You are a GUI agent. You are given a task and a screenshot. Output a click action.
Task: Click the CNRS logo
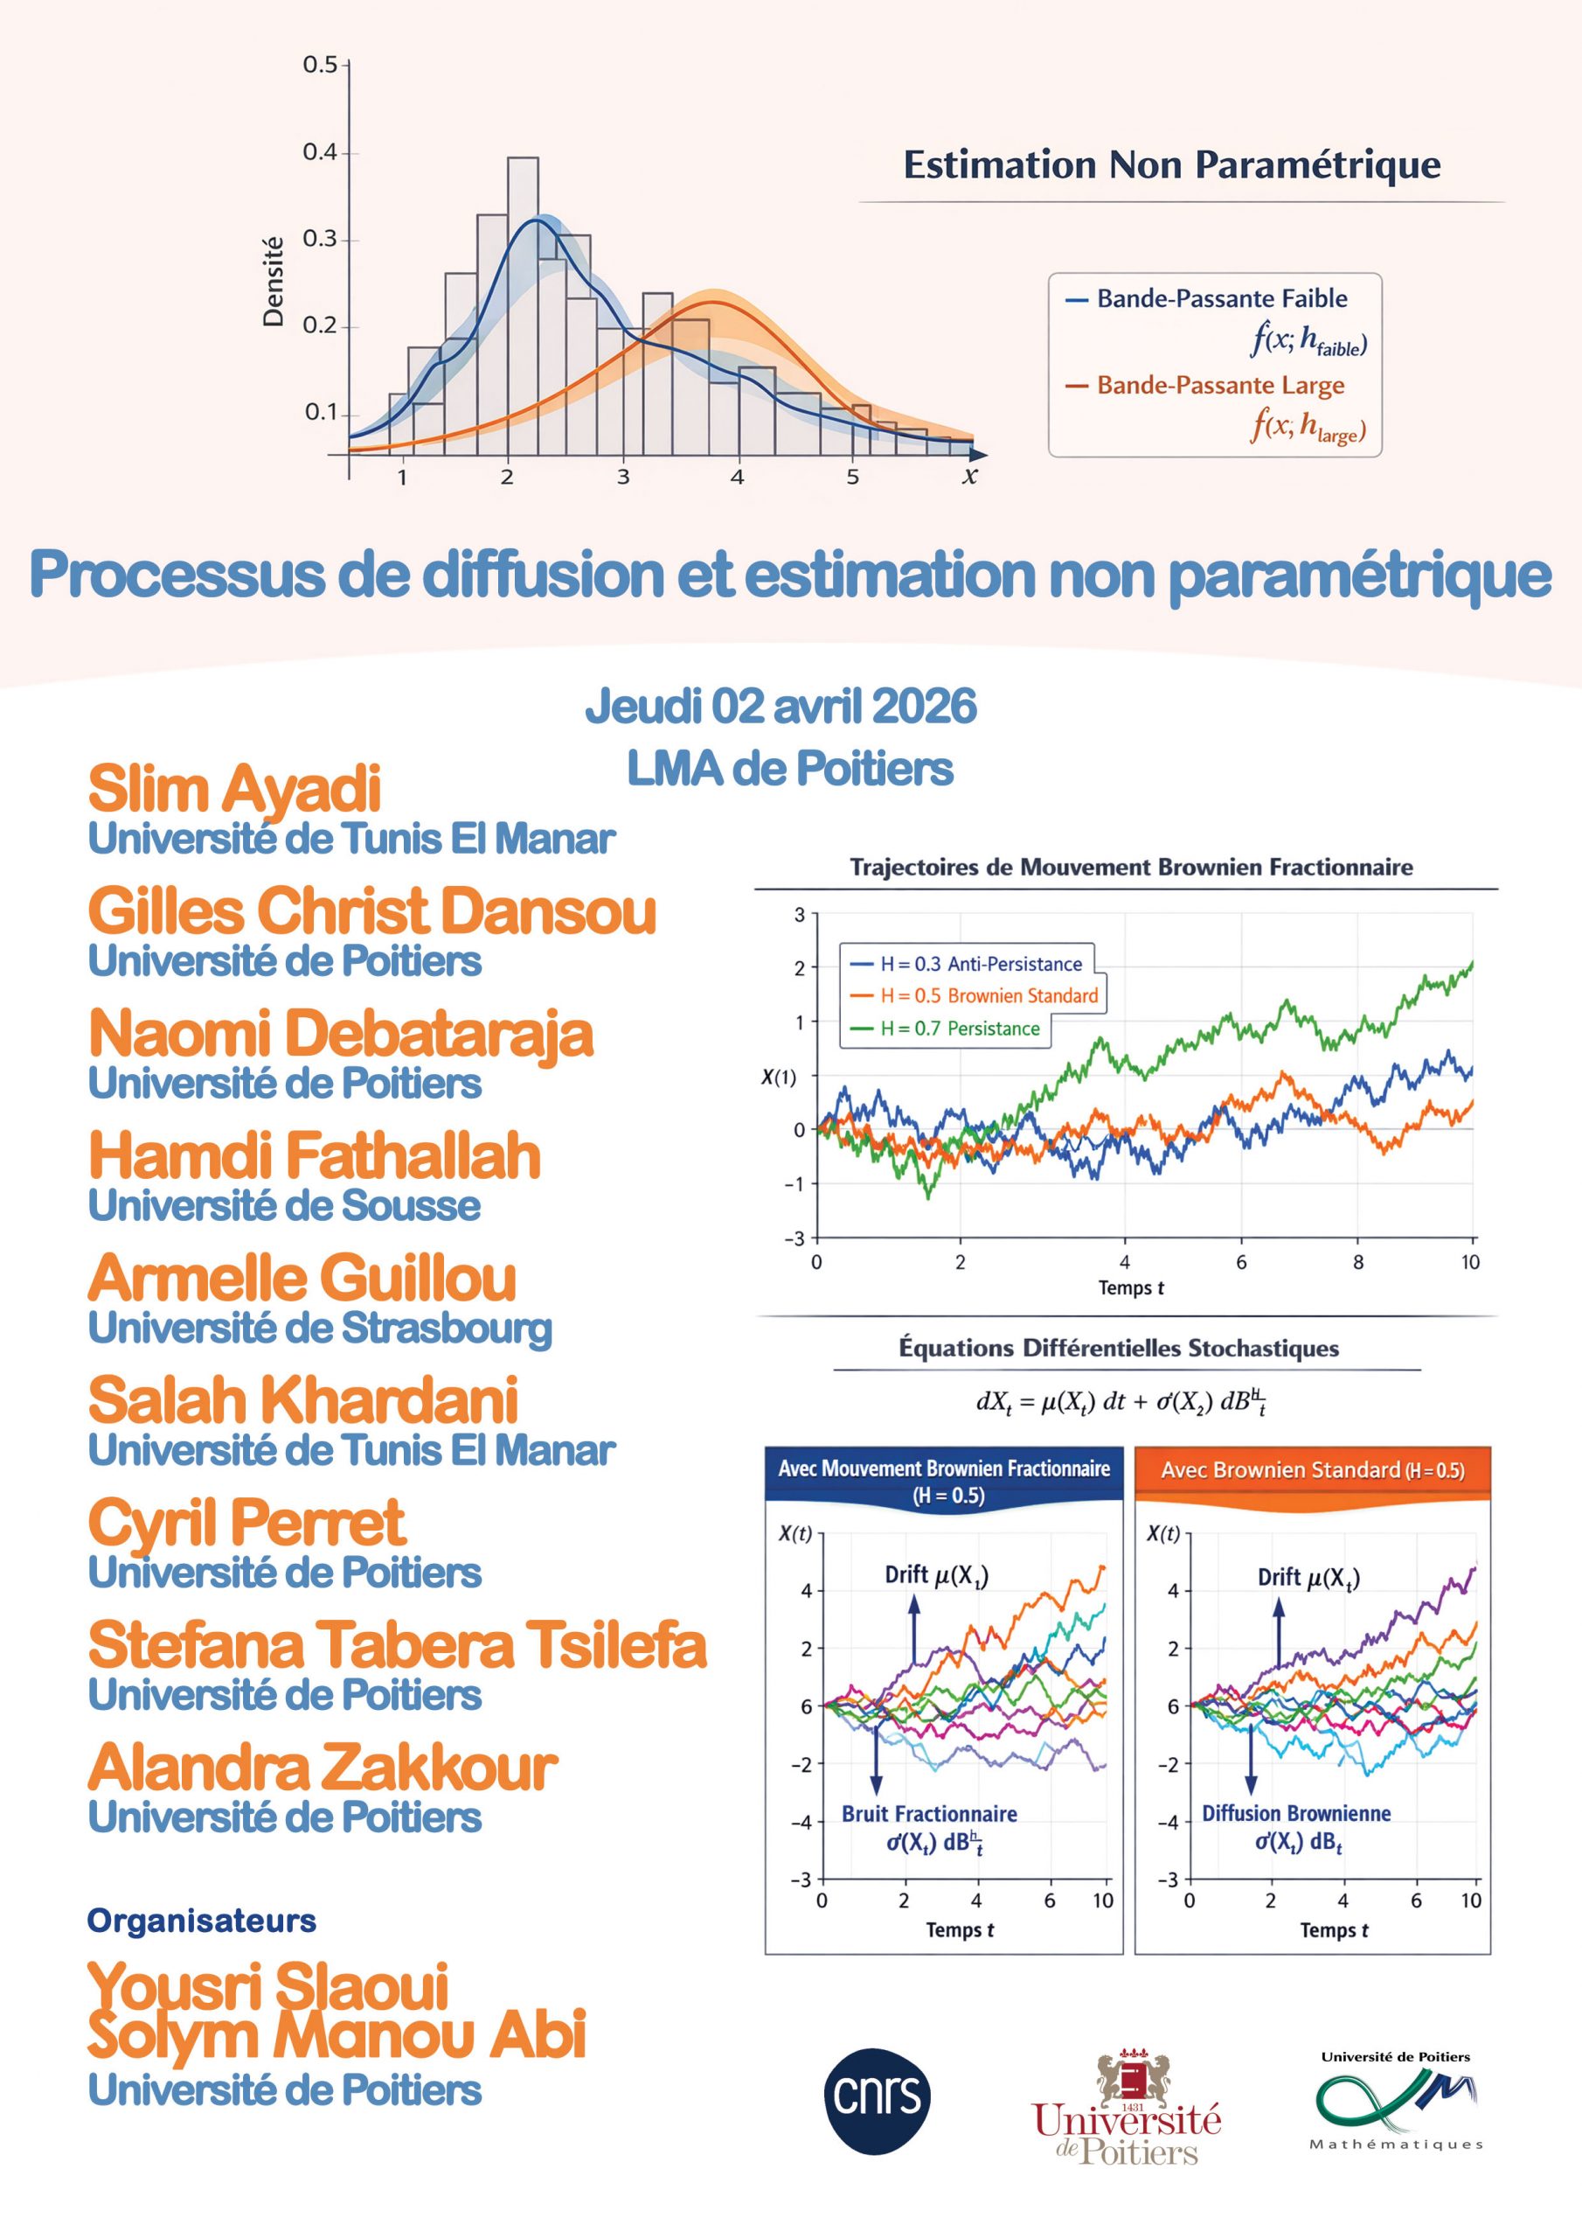click(878, 2095)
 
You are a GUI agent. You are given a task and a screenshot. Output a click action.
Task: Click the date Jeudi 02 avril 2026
click(781, 706)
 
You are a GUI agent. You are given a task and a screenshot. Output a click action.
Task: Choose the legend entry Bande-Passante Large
click(1220, 385)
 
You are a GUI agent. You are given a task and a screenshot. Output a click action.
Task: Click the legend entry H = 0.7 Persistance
click(959, 1028)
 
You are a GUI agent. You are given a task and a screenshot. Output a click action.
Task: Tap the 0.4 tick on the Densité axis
click(320, 152)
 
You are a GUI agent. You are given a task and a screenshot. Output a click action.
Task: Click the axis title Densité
click(274, 282)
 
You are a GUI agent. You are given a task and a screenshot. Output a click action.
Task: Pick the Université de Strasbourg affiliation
click(320, 1329)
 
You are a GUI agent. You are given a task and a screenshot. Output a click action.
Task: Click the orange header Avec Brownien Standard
click(1312, 1469)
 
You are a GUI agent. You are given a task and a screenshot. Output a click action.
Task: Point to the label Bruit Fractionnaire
click(929, 1813)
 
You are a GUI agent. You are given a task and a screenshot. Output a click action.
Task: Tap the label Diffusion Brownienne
click(1295, 1812)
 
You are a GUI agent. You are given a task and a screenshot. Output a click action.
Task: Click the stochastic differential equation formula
click(1121, 1402)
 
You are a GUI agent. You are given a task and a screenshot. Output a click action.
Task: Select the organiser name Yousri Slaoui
click(268, 1985)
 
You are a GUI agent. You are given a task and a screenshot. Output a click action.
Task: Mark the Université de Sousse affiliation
click(285, 1205)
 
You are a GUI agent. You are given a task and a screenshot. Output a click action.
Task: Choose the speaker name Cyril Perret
click(246, 1522)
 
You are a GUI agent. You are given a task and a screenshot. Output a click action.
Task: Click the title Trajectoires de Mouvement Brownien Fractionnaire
click(1131, 867)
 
